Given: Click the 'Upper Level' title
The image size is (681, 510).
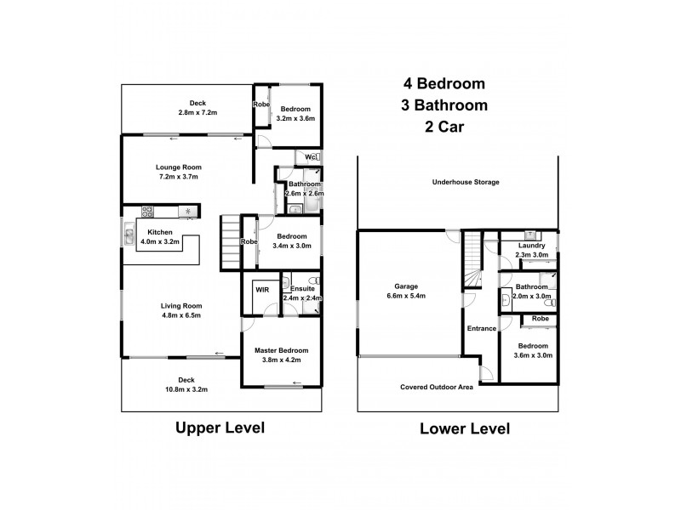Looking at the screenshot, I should point(220,427).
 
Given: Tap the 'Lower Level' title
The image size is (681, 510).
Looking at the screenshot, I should point(464,428).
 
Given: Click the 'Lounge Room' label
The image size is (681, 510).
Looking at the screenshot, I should point(179,167).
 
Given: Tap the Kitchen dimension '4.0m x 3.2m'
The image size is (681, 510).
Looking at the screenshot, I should point(160,242).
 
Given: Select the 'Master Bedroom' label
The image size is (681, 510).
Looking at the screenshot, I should point(282,350).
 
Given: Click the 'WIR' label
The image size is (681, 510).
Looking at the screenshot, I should point(261,289).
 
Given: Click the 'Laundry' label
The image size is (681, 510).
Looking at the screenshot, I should point(532,245).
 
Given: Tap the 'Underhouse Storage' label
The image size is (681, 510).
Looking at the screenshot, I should point(465,182).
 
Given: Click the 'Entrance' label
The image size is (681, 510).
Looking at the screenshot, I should point(481,328).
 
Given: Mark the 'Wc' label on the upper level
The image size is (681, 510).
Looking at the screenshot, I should point(310,157).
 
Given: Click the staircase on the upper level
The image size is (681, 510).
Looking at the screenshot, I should point(232,241).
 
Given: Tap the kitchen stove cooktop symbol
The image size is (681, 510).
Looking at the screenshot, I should point(146,210).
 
